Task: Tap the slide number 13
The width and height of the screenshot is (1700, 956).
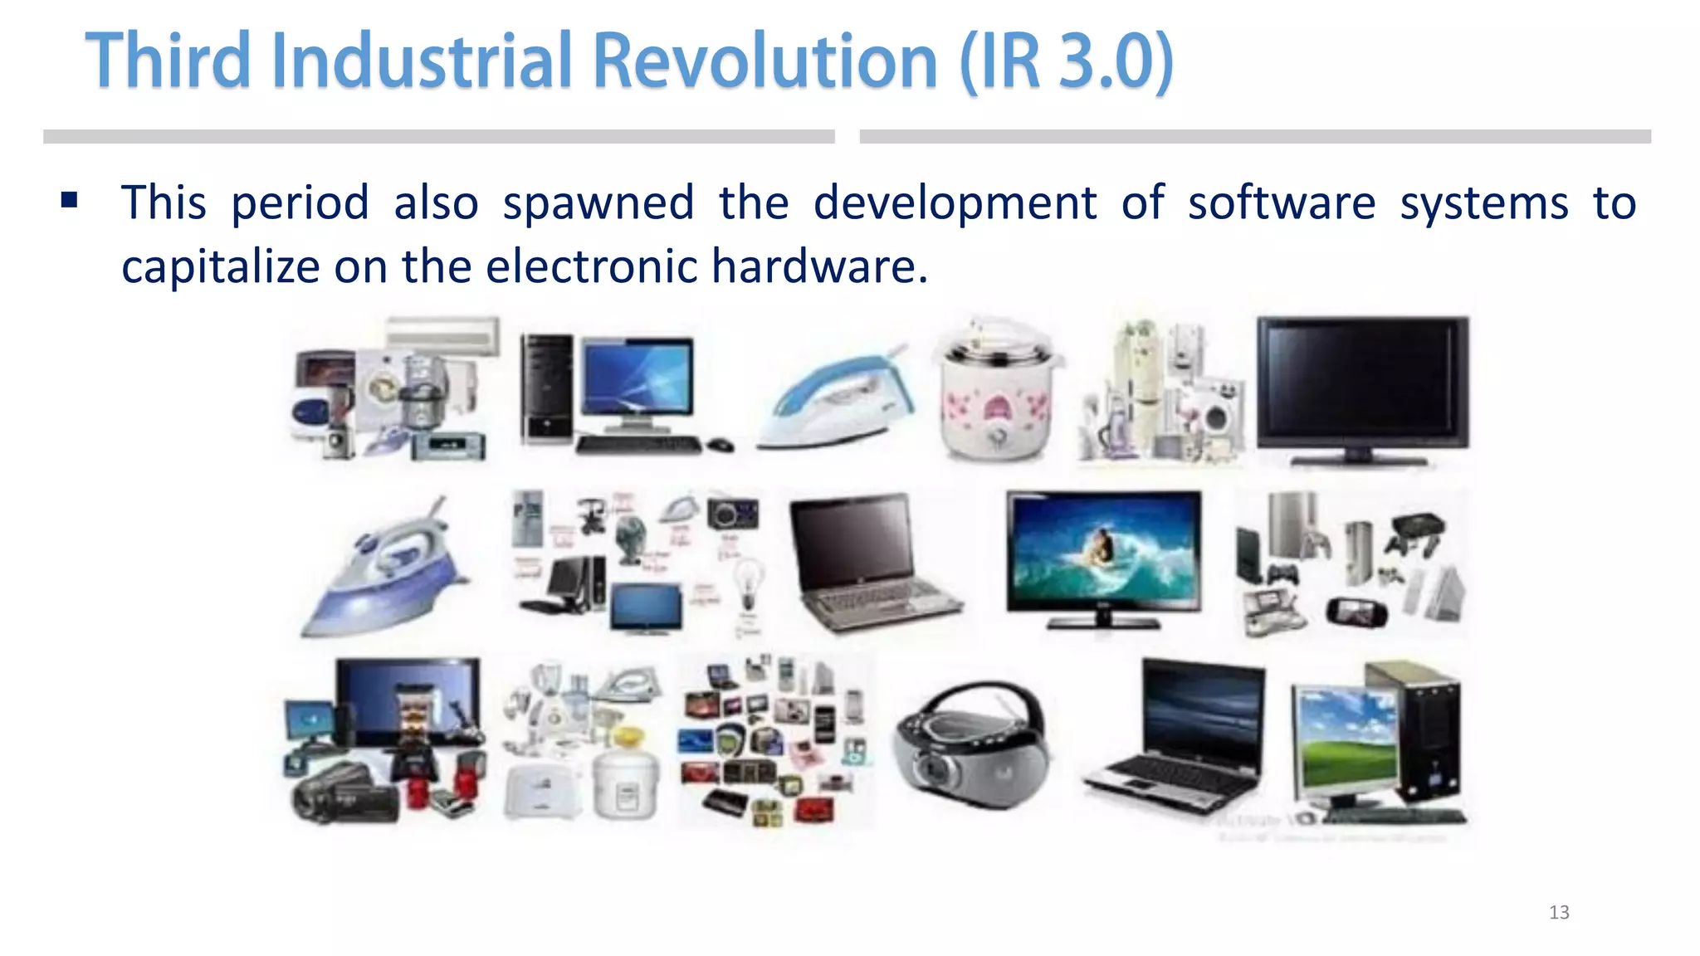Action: [1559, 913]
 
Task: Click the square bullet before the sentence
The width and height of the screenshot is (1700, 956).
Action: [69, 200]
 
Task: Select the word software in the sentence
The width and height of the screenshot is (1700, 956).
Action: [1281, 203]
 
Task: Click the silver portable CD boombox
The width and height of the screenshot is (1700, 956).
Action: [971, 746]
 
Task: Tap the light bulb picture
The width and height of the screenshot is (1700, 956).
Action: [750, 582]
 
